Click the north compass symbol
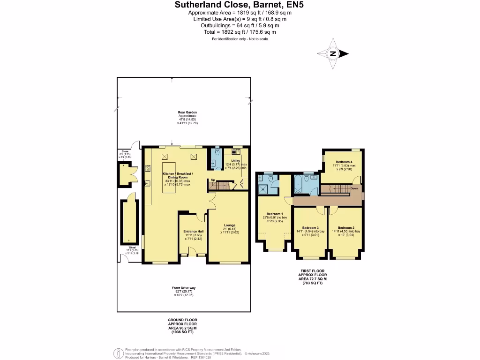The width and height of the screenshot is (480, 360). coord(333,53)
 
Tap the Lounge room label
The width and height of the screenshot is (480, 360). coord(229,225)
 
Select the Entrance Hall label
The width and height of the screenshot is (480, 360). coord(193,232)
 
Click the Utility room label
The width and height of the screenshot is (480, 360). coord(235,161)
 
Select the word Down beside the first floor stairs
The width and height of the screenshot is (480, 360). coord(354,188)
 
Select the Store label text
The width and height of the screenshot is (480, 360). coord(125,151)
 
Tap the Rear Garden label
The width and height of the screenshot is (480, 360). coord(187,112)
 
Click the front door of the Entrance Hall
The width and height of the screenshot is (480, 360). coord(193,255)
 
